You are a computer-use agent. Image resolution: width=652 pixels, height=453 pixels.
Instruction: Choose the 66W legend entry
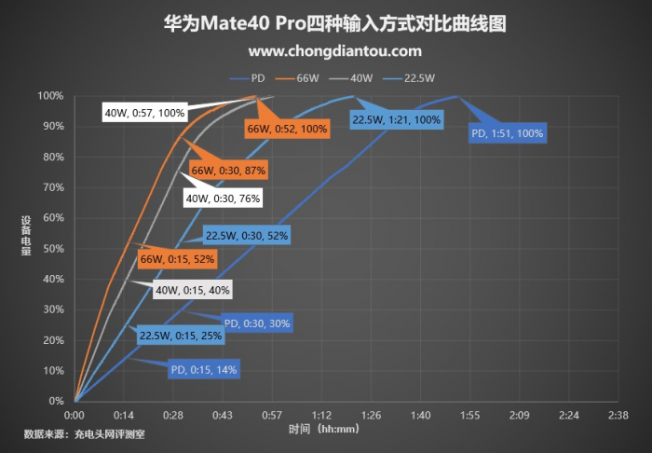pos(309,77)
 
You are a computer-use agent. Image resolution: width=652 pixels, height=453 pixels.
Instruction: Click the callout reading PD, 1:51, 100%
pos(507,133)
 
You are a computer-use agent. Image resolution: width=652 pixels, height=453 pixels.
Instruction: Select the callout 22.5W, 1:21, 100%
pos(396,119)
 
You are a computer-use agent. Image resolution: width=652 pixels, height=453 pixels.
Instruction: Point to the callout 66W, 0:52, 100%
pos(287,129)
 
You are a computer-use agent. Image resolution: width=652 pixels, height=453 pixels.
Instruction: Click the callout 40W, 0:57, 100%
pos(144,113)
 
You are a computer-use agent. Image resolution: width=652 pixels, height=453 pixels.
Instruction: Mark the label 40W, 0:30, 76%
pos(223,198)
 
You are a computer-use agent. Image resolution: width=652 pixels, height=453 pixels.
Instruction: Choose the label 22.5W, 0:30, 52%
pos(247,236)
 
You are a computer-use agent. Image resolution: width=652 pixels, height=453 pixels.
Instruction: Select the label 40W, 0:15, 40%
pos(192,290)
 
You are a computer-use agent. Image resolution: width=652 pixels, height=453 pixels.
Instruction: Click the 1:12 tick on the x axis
pos(322,414)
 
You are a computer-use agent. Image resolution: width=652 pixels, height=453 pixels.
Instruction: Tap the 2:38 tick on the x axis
pos(618,414)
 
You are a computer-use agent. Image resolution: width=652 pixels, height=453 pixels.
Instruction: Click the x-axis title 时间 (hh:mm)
pos(323,430)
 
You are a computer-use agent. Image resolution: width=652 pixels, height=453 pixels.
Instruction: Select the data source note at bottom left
pos(85,433)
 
